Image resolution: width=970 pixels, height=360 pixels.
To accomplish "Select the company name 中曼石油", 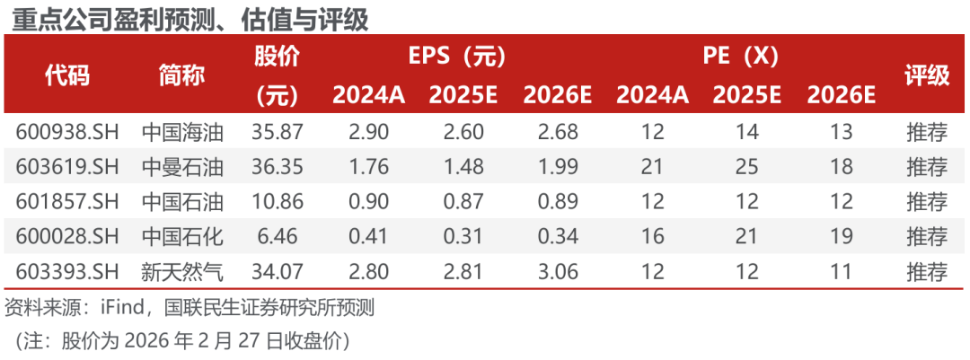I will click(x=182, y=167).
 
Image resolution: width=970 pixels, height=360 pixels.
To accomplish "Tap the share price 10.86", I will click(x=278, y=202).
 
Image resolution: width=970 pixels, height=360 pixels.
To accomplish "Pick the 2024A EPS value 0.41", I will click(x=368, y=237).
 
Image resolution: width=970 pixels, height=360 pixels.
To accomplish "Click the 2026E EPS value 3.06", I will click(x=558, y=272).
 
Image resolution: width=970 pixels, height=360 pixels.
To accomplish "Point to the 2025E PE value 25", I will click(x=746, y=167).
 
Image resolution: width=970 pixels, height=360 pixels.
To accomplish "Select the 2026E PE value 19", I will click(x=842, y=237).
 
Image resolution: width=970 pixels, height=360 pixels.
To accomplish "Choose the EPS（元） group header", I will click(x=457, y=57).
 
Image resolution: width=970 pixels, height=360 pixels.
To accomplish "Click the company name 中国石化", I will click(x=182, y=237).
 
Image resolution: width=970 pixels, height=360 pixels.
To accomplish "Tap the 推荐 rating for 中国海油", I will click(x=927, y=132).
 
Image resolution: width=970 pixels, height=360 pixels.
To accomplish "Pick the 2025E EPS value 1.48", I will click(x=463, y=167).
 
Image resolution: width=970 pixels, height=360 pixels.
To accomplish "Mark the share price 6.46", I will click(x=278, y=237).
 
